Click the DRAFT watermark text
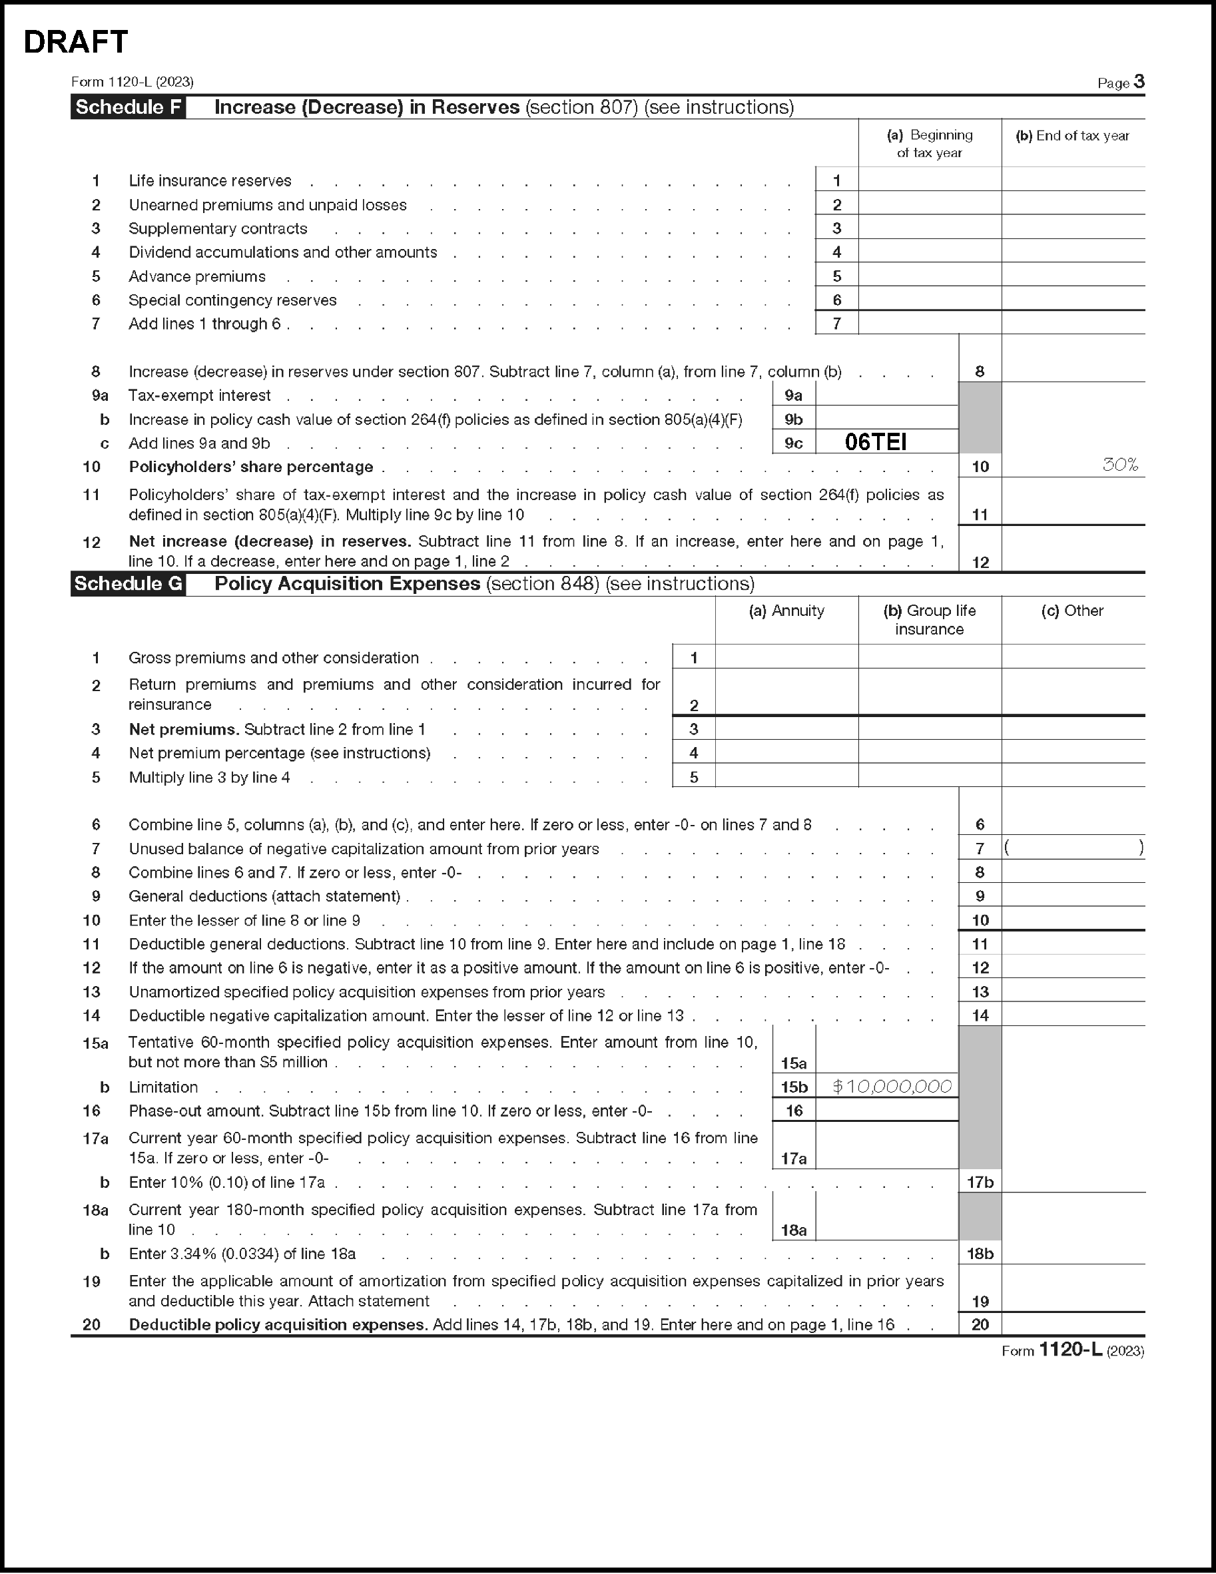[76, 43]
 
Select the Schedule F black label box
[128, 107]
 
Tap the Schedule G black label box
[128, 584]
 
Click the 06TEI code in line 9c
[875, 442]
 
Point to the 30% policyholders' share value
[1120, 465]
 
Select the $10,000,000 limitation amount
[892, 1087]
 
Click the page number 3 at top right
[1138, 81]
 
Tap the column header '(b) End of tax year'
[1072, 135]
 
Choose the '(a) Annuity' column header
[786, 611]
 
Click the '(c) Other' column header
[1072, 611]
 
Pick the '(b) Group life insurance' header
[929, 620]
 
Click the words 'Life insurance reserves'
[210, 181]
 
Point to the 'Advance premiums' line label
[196, 277]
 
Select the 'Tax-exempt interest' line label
[200, 395]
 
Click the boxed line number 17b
[980, 1182]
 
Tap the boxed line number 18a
[794, 1230]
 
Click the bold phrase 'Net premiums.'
[184, 729]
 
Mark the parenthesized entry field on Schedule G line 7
[1073, 848]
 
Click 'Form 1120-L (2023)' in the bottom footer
[1072, 1350]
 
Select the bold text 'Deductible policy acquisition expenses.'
[278, 1324]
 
